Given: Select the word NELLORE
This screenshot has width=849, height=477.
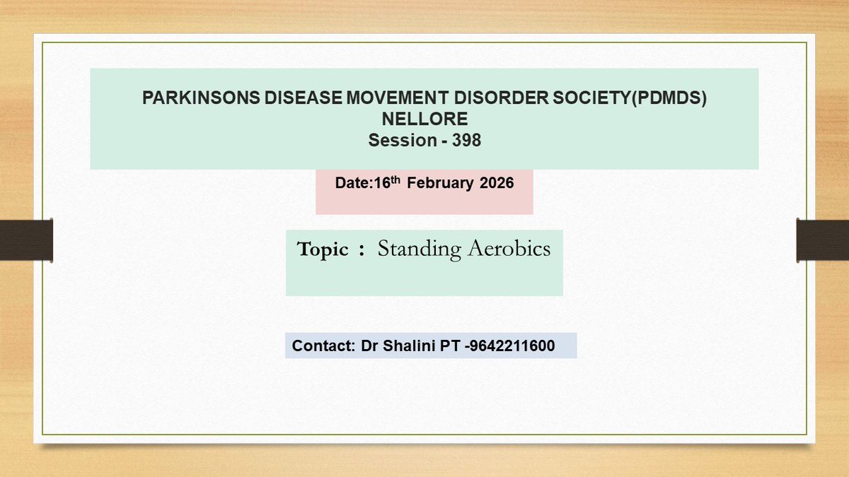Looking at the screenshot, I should [424, 119].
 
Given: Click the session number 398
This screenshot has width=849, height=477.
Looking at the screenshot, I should [467, 140].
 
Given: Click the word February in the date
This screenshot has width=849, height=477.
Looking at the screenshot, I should [440, 183].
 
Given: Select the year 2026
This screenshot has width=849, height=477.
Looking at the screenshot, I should [497, 183].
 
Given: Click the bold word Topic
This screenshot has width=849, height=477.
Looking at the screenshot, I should [323, 249].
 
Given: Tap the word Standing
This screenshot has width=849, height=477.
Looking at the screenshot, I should [417, 249].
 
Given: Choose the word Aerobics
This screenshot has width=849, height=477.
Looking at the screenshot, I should [508, 249].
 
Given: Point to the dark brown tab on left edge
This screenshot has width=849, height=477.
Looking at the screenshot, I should [26, 239].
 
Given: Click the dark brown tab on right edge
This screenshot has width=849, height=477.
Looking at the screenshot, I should [823, 239].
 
